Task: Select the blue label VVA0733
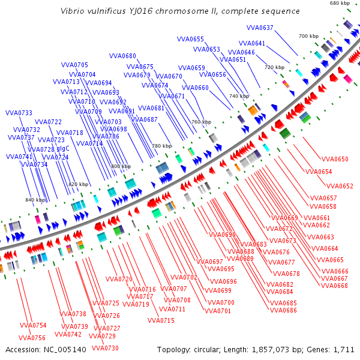[x=19, y=113]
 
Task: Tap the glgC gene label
[x=63, y=148]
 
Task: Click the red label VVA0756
[x=32, y=338]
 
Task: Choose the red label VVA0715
[x=161, y=320]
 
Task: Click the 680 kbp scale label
[x=340, y=3]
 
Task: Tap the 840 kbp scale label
[x=35, y=200]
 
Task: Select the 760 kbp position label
[x=201, y=122]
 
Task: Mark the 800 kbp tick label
[x=121, y=166]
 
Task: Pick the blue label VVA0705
[x=74, y=65]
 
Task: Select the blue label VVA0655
[x=190, y=39]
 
